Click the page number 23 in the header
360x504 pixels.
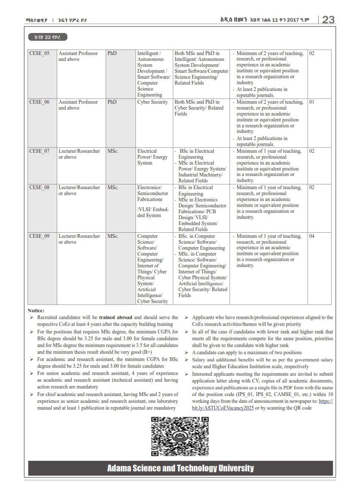[x=328, y=19]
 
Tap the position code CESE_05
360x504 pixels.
[x=39, y=54]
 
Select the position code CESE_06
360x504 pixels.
[x=39, y=102]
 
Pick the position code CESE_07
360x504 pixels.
[x=39, y=151]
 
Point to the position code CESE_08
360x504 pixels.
[x=39, y=187]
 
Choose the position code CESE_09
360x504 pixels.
[x=39, y=236]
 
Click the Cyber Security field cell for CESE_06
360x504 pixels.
[x=152, y=102]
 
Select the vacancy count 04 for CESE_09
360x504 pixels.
[x=312, y=236]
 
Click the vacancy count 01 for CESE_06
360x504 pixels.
[x=312, y=102]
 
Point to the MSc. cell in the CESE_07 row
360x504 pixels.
[x=113, y=151]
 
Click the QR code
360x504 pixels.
[x=180, y=436]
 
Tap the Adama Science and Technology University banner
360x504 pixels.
[x=180, y=468]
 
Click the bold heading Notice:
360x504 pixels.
[x=36, y=311]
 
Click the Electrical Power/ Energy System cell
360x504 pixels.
[x=152, y=157]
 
